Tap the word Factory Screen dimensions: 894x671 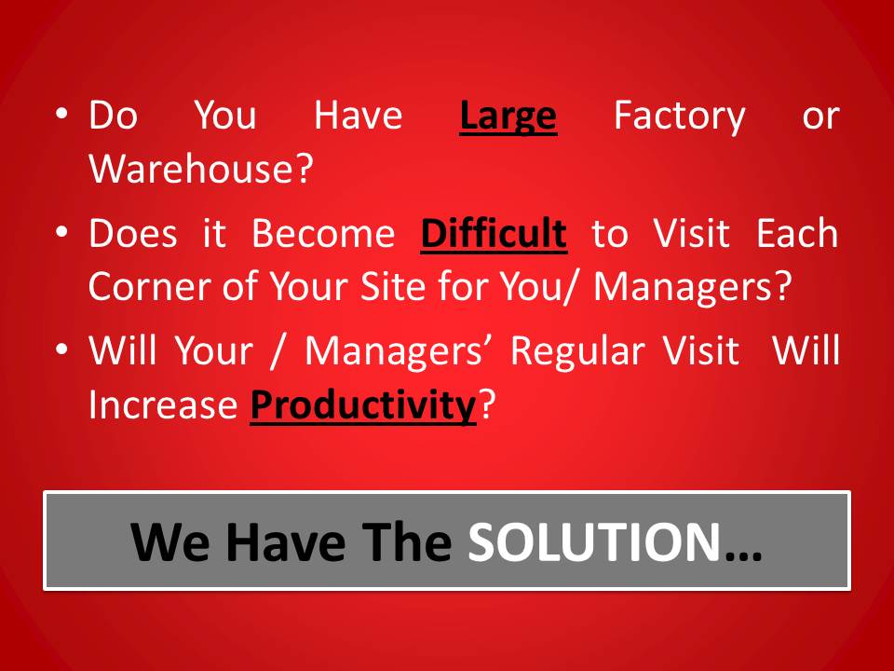tap(680, 117)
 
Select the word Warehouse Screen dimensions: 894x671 tap(192, 169)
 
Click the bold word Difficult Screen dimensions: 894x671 tap(494, 234)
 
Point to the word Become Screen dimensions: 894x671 tap(323, 233)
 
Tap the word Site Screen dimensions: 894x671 tap(393, 286)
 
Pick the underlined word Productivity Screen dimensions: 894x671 tap(363, 405)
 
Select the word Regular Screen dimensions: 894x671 tap(577, 350)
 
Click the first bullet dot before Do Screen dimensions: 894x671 tap(61, 113)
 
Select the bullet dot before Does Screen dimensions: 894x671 tap(61, 232)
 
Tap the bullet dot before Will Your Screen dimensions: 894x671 tap(61, 349)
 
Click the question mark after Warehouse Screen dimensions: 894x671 tap(305, 169)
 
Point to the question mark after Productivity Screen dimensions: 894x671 tap(486, 404)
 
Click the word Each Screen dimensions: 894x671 tap(797, 233)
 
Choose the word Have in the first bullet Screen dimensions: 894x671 tap(358, 116)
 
